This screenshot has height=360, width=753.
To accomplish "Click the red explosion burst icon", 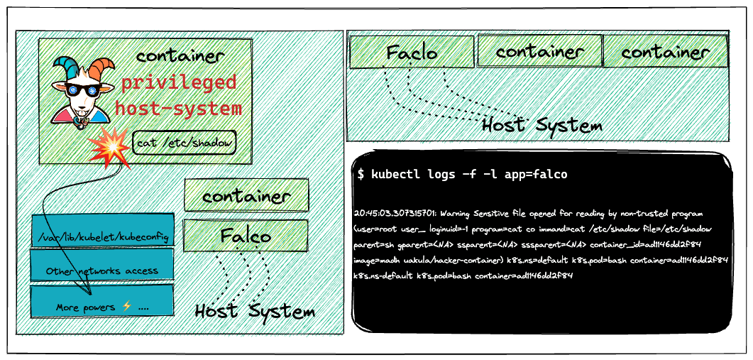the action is pos(109,148).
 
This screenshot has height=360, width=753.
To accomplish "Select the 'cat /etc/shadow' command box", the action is pos(185,142).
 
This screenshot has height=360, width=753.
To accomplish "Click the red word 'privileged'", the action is pos(179,82).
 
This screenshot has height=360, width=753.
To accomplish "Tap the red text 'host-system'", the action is pos(178,109).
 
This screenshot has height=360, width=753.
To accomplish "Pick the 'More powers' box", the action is pos(101,301).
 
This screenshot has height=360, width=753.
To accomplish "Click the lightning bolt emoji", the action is pos(127,307).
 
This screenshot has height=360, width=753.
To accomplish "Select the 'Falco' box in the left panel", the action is pos(246,236).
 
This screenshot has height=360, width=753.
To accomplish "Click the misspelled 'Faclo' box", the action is pos(412,52).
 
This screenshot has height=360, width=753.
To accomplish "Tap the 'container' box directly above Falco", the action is pos(246,195).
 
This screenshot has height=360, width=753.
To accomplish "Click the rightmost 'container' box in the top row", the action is pos(666,51).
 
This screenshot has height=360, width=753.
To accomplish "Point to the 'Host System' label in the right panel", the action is pos(542,125).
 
